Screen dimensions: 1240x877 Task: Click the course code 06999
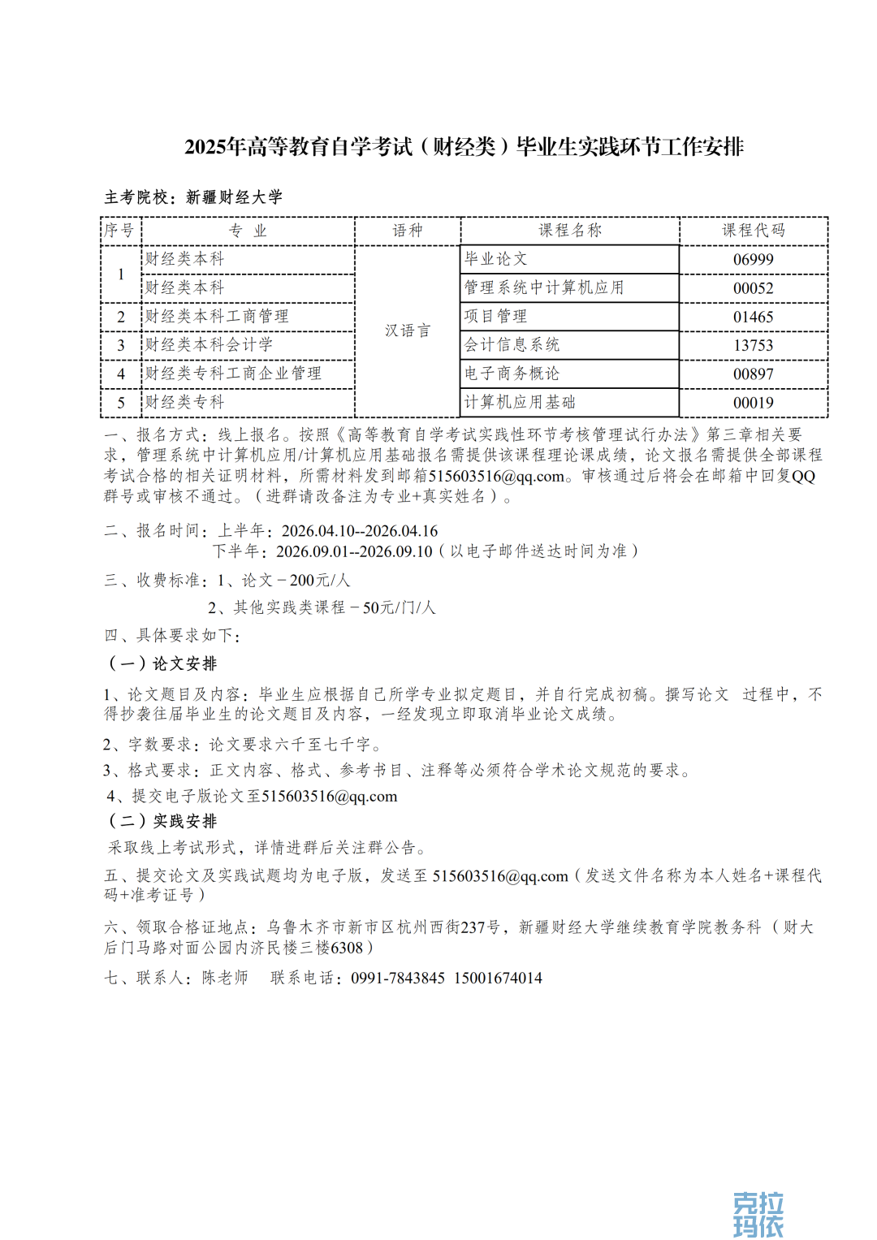click(753, 260)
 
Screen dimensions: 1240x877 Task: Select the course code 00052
click(753, 288)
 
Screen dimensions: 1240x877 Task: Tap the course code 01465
click(753, 317)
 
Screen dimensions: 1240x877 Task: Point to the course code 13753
click(753, 345)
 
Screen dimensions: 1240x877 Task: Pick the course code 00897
click(753, 374)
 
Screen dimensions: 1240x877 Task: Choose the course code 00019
click(753, 403)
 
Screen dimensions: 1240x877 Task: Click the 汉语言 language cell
click(408, 331)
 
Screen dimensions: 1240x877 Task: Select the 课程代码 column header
click(753, 231)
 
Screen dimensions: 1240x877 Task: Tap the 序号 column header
click(119, 231)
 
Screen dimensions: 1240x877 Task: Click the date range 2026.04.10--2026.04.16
click(360, 531)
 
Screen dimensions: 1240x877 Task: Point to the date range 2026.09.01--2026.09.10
click(354, 551)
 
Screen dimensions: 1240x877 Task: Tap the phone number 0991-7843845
click(398, 978)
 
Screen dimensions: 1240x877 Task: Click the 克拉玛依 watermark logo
click(758, 1214)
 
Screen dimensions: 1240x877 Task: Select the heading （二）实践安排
click(162, 821)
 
